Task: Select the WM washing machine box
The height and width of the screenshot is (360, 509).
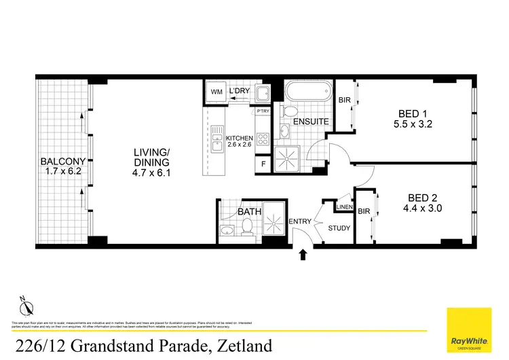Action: pyautogui.click(x=216, y=92)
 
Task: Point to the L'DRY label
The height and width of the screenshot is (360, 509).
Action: pyautogui.click(x=240, y=91)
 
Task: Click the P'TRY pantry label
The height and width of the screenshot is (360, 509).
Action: pyautogui.click(x=263, y=111)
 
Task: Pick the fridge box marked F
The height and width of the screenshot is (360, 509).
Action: pyautogui.click(x=263, y=164)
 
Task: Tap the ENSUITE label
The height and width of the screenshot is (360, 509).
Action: pyautogui.click(x=312, y=122)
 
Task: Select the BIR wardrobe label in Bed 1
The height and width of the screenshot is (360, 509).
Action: pyautogui.click(x=344, y=101)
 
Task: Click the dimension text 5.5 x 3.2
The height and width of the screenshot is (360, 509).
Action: pyautogui.click(x=413, y=124)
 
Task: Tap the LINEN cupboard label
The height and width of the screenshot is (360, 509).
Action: pyautogui.click(x=343, y=206)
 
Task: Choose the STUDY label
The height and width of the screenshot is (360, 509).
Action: pyautogui.click(x=339, y=228)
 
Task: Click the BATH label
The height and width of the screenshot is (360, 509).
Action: pyautogui.click(x=249, y=212)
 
